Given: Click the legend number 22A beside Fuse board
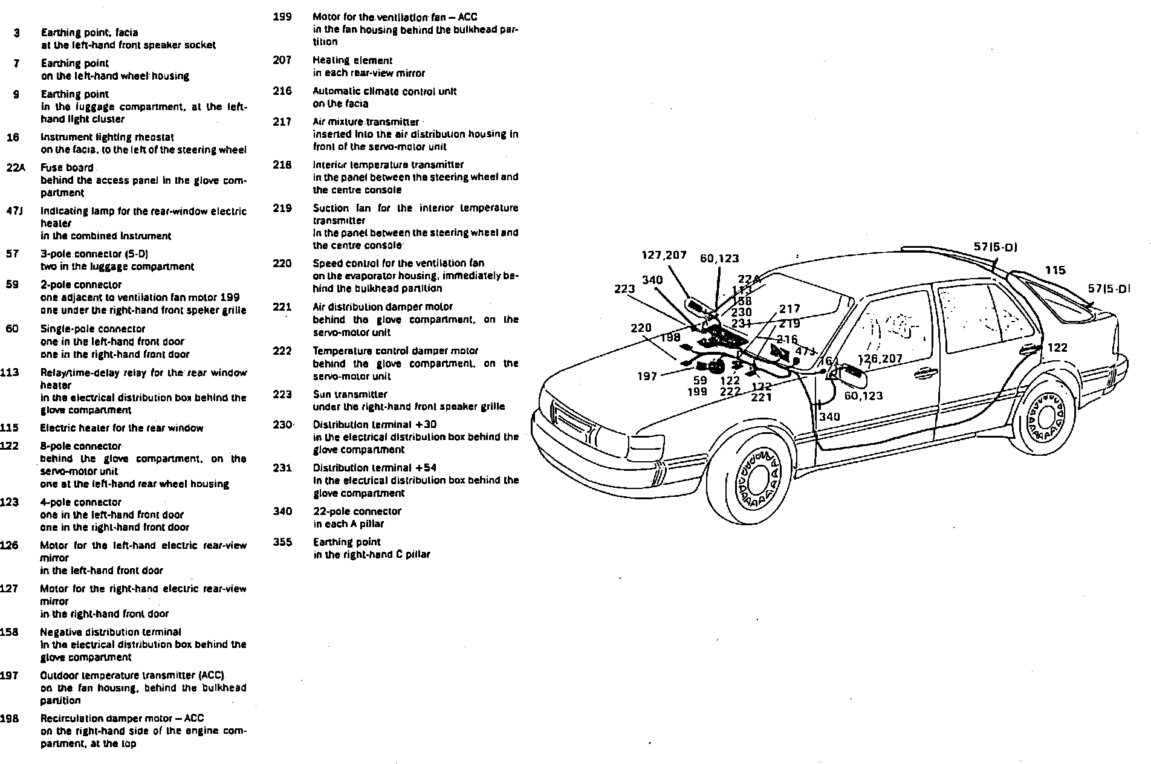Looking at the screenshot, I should coord(15,168).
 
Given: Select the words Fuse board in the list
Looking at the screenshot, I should coord(67,168).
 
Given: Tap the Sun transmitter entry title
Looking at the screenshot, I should coord(350,394).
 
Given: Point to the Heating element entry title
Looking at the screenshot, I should coord(352,60).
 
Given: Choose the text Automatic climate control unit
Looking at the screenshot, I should coord(384,91).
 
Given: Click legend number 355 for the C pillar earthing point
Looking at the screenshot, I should coord(282,542).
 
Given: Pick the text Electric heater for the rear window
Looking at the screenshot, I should coord(122,428).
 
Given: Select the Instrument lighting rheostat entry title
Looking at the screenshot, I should coord(107,137).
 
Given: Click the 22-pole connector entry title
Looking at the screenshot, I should coord(357,511).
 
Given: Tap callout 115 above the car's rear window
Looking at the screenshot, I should coord(1055,270).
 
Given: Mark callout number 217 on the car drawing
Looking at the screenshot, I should coord(789,309).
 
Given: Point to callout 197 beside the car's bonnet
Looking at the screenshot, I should coord(647,376).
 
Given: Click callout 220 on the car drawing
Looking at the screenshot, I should coord(641,328).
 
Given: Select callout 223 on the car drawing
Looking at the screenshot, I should coord(624,289).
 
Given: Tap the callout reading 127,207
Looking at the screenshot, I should coord(664,255).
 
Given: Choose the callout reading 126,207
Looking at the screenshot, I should coord(880,358).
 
